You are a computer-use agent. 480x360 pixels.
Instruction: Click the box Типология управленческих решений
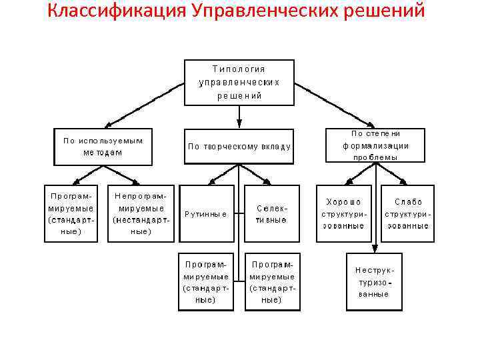(239, 82)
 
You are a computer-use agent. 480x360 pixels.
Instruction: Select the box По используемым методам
(103, 147)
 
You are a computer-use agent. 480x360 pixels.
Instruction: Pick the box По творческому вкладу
(239, 147)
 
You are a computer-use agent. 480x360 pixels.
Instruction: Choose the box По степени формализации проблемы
(375, 146)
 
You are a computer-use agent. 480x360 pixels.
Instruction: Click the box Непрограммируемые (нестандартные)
(140, 213)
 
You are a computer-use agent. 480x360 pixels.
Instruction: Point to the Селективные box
(271, 214)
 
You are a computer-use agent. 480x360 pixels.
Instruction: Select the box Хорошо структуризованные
(343, 213)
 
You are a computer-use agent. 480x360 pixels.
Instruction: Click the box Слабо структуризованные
(407, 213)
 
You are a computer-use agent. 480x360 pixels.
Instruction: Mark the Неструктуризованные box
(374, 281)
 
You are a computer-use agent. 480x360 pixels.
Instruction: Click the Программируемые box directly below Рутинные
(206, 281)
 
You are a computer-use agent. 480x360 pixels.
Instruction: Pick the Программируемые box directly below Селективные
(271, 281)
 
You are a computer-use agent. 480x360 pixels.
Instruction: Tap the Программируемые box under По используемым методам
(71, 213)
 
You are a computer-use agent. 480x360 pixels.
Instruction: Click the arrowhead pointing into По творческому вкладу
(239, 124)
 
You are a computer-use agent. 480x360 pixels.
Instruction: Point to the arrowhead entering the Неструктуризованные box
(374, 249)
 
